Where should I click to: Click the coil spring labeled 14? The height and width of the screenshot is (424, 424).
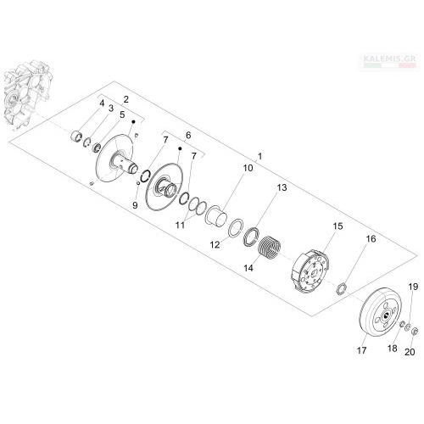270,248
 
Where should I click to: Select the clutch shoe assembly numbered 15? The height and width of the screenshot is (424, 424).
310,271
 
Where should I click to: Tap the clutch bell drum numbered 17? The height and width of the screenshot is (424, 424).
380,313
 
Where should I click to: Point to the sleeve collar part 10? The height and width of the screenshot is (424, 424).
216,216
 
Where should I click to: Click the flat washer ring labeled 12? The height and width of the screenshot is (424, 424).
235,228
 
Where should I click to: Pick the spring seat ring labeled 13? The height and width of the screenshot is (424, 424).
251,237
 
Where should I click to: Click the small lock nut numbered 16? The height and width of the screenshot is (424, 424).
342,288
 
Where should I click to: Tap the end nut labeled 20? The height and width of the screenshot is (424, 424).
415,332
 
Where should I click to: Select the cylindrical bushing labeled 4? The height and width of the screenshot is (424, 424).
76,136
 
